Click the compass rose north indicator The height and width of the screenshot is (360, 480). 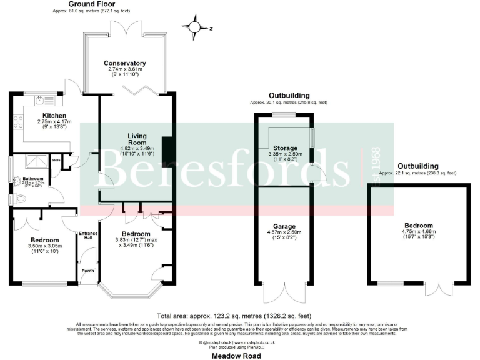196,27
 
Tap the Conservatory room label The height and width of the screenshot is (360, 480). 125,63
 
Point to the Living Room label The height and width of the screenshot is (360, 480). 137,139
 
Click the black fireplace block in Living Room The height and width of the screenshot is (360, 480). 166,147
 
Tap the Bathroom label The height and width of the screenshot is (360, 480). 32,179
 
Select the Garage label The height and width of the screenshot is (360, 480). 284,226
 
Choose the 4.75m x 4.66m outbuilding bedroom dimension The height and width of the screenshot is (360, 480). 417,234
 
